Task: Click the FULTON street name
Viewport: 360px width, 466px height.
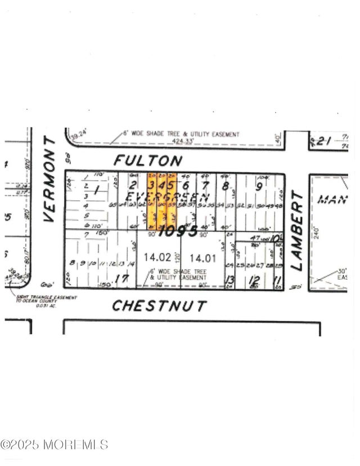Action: [148, 160]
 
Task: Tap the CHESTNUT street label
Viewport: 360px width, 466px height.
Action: [159, 306]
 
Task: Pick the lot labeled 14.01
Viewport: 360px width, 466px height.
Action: [202, 258]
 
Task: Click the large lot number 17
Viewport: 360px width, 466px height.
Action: [121, 279]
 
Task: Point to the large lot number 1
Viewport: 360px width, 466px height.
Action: [96, 191]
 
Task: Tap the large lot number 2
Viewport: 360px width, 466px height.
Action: [133, 184]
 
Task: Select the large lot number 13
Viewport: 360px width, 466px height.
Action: [229, 280]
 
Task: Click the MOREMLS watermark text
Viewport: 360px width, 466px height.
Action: [55, 445]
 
